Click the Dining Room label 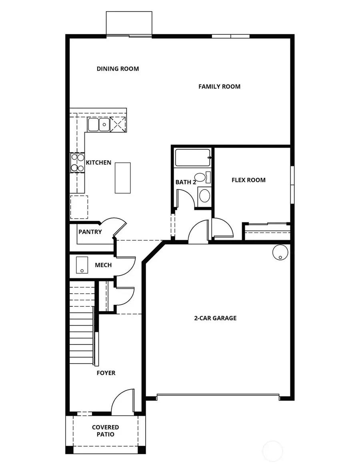pyautogui.click(x=118, y=69)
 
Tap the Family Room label pyautogui.click(x=219, y=86)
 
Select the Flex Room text pyautogui.click(x=248, y=180)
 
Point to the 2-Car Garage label pyautogui.click(x=215, y=318)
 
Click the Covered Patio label pyautogui.click(x=105, y=431)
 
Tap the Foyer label pyautogui.click(x=106, y=373)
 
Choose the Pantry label pyautogui.click(x=90, y=232)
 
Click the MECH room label pyautogui.click(x=103, y=265)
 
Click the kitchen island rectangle pyautogui.click(x=123, y=178)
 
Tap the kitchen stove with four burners pyautogui.click(x=78, y=163)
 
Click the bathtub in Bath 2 pyautogui.click(x=192, y=158)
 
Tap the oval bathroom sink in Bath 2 pyautogui.click(x=204, y=196)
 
